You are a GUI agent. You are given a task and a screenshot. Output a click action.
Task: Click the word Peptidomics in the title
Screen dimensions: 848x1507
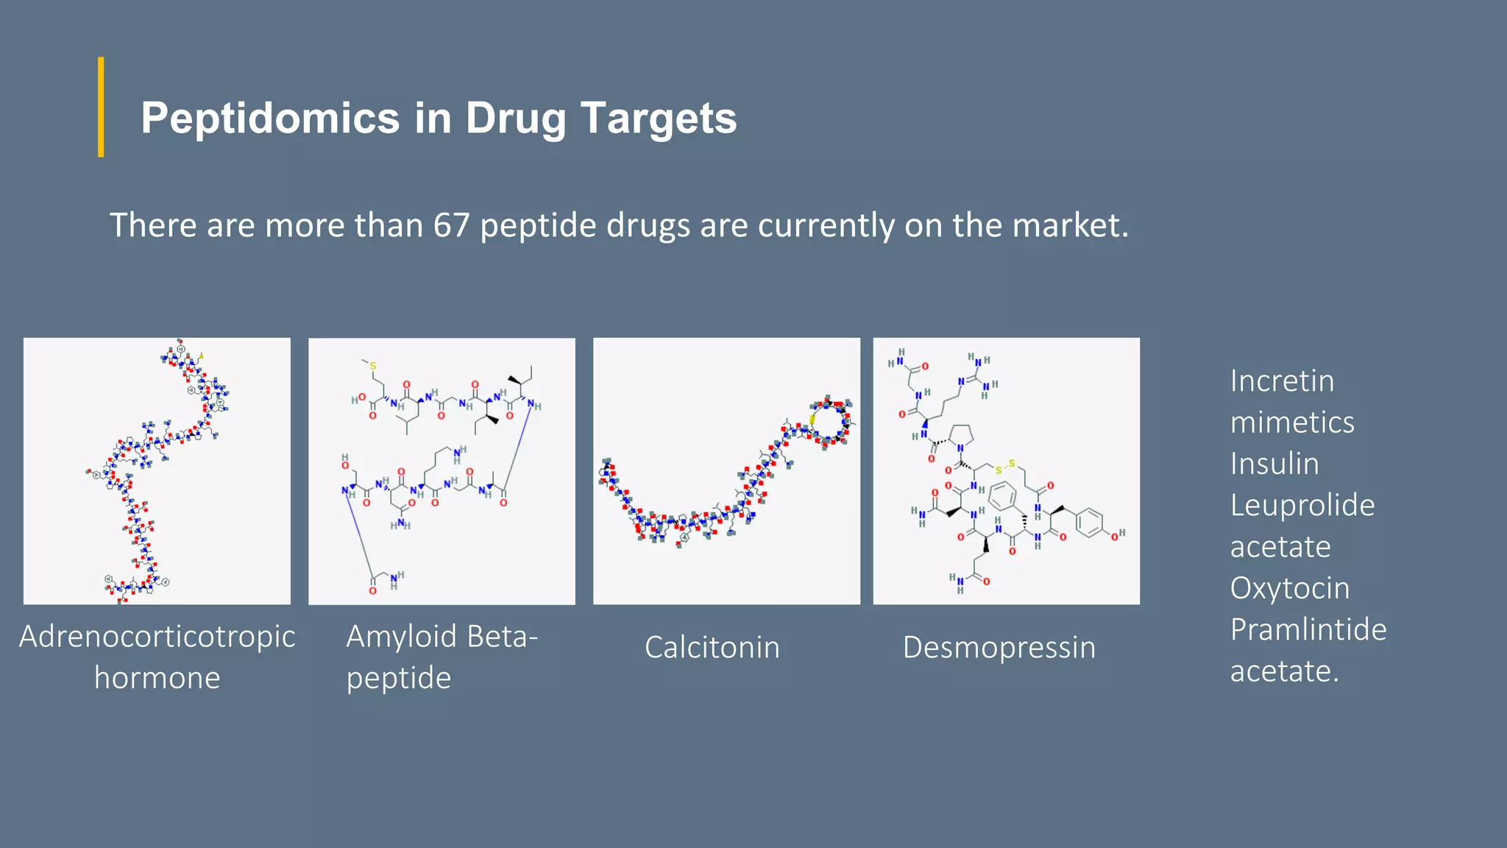click(x=269, y=119)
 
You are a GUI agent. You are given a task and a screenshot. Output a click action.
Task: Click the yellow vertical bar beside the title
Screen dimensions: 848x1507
click(x=101, y=107)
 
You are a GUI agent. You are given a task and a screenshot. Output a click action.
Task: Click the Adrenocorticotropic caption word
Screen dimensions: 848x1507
click(x=157, y=637)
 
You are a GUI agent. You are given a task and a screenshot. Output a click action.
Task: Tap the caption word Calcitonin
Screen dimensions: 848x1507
click(x=712, y=648)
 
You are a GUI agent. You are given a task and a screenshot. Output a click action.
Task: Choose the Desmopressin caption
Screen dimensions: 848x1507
click(x=999, y=648)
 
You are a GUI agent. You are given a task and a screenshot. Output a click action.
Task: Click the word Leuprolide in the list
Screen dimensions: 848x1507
click(x=1302, y=506)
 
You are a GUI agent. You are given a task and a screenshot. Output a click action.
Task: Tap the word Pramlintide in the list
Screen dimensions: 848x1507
click(x=1308, y=630)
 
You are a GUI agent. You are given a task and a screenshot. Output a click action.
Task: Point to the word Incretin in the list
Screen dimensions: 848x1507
click(x=1282, y=381)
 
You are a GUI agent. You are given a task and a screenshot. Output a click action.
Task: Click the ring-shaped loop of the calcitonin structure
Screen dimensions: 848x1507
click(x=830, y=423)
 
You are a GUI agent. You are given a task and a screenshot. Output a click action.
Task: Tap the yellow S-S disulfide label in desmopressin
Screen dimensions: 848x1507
click(x=1004, y=467)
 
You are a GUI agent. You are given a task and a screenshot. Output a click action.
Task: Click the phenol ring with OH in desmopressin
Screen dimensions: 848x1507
click(x=1088, y=523)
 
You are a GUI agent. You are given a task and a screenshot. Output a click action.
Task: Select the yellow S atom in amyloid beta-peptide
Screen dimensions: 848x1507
click(x=373, y=366)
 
